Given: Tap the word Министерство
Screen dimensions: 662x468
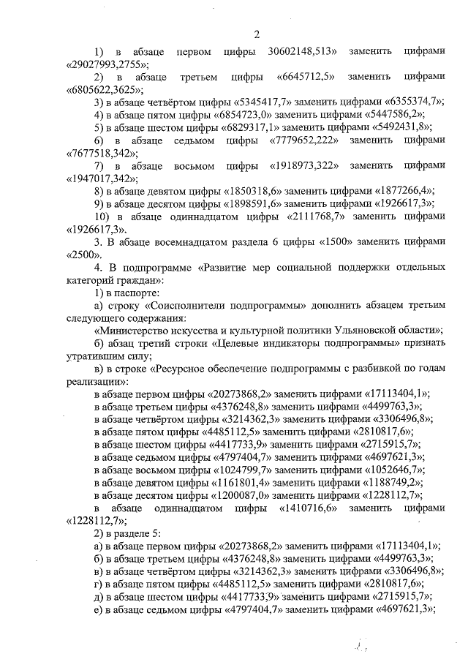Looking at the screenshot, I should (142, 330).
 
